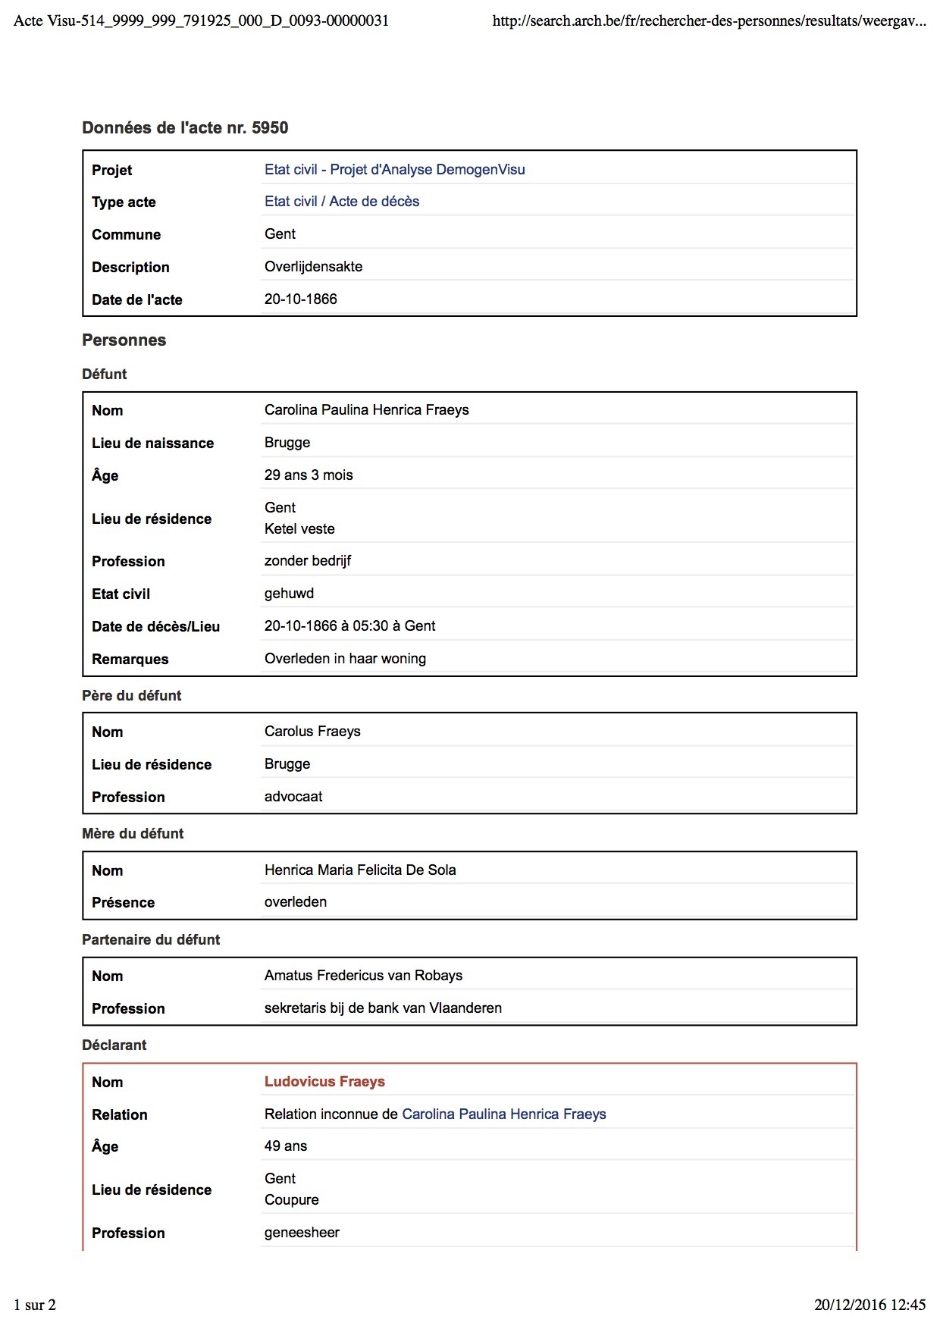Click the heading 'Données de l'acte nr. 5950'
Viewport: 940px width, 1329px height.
(x=185, y=128)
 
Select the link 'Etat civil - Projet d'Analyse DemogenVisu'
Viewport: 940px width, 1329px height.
(x=394, y=170)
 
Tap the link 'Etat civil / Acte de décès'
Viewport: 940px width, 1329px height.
(x=341, y=202)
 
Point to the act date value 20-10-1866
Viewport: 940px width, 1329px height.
(x=300, y=299)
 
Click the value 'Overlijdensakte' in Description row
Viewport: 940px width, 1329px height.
(x=313, y=267)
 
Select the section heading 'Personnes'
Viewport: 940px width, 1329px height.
(x=124, y=340)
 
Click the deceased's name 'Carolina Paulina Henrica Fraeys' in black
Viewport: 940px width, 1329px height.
(x=366, y=410)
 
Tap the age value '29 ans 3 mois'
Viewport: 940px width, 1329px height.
(x=309, y=475)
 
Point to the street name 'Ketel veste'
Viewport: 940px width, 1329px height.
(x=299, y=529)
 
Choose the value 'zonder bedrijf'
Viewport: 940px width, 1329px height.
(x=307, y=561)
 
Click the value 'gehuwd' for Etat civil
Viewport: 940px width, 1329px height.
(x=289, y=594)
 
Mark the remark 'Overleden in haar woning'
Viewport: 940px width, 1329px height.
(x=345, y=659)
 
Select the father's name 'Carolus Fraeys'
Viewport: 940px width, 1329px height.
(x=312, y=732)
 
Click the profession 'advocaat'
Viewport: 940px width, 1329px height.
(x=293, y=797)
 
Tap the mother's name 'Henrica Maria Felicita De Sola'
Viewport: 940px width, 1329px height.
(x=360, y=870)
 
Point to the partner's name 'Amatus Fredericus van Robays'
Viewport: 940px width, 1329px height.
(x=363, y=976)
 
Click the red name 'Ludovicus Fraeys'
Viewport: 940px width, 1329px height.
(x=324, y=1082)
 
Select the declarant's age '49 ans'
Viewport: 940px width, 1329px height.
(x=286, y=1146)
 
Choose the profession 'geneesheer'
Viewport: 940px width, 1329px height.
(x=302, y=1233)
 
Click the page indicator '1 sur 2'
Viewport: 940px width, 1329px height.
(x=35, y=1305)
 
